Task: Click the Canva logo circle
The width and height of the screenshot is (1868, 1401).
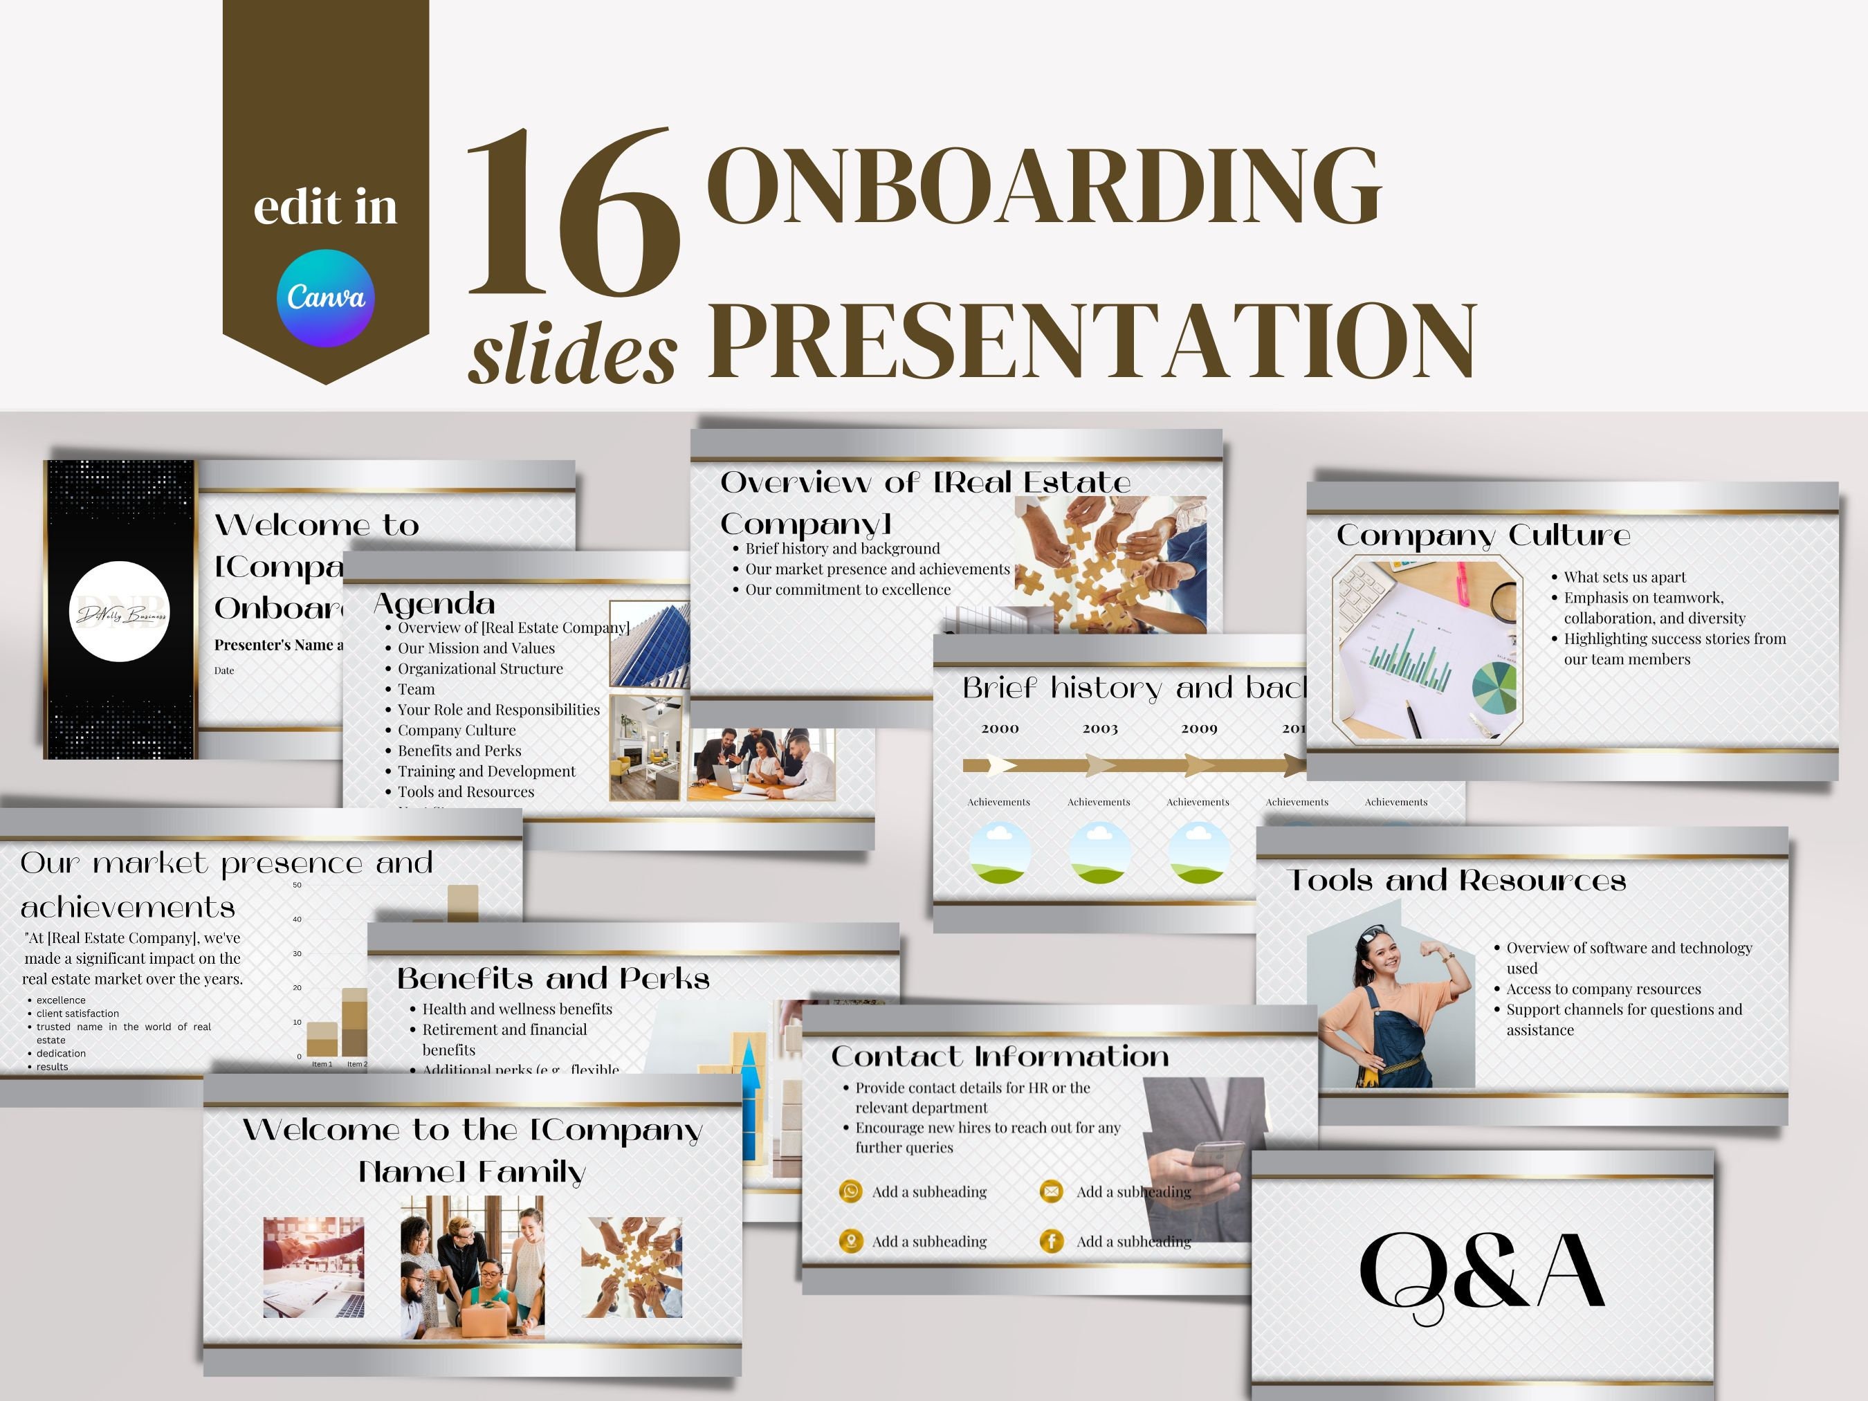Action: click(325, 298)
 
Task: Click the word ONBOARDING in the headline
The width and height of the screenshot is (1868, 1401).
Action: click(1042, 187)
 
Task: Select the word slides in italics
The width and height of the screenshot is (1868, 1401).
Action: click(574, 353)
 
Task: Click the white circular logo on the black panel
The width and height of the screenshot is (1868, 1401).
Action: click(120, 612)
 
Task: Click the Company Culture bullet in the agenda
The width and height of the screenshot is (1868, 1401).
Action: click(456, 730)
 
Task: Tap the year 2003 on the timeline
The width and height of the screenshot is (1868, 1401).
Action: click(1099, 728)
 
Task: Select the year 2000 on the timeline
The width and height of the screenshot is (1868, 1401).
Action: click(1000, 728)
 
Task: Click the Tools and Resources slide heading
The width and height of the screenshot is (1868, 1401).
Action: click(1457, 881)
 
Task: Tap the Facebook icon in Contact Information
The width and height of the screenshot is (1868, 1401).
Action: click(1052, 1240)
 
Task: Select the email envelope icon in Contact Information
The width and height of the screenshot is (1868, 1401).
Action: click(1052, 1191)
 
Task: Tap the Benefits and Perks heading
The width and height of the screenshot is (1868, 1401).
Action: click(553, 978)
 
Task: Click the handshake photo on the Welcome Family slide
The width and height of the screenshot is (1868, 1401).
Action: click(314, 1267)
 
